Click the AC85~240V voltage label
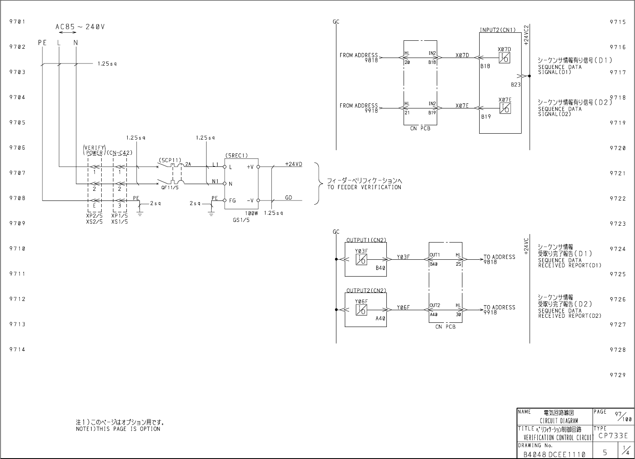coord(80,27)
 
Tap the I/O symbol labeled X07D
coord(504,58)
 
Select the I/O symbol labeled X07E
coord(505,108)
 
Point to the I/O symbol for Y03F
coord(362,260)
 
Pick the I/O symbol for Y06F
coord(362,310)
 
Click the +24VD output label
coord(294,164)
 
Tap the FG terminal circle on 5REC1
coord(225,200)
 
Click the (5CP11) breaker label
coord(170,160)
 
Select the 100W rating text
coord(252,214)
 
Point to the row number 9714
coord(18,349)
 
